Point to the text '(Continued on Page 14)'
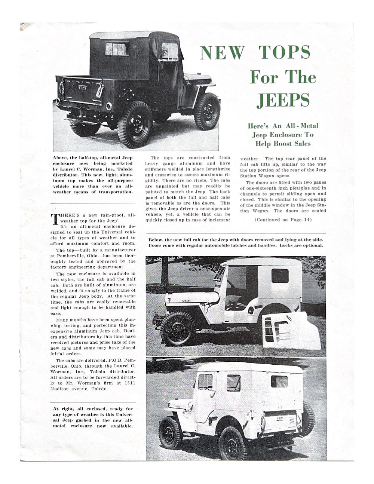(x=283, y=220)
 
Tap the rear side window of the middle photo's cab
(x=280, y=276)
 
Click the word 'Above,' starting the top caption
(x=61, y=158)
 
